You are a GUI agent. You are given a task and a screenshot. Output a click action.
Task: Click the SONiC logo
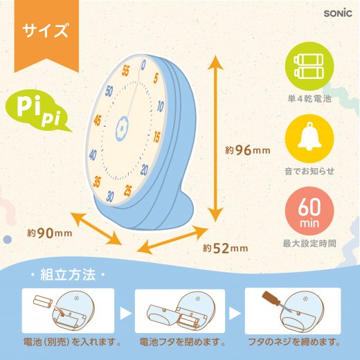pyautogui.click(x=338, y=13)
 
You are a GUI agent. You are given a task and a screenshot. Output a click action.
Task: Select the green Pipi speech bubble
pyautogui.click(x=37, y=111)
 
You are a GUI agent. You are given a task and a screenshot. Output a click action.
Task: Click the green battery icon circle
pyautogui.click(x=309, y=66)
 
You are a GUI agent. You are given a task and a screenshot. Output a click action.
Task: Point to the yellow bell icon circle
pyautogui.click(x=309, y=138)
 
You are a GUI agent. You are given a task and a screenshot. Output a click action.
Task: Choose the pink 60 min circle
pyautogui.click(x=309, y=211)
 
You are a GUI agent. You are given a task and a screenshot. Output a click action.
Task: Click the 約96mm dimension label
pyautogui.click(x=248, y=150)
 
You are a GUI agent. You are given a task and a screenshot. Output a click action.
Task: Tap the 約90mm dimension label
pyautogui.click(x=50, y=233)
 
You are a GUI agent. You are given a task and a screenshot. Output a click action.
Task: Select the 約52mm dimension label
pyautogui.click(x=226, y=248)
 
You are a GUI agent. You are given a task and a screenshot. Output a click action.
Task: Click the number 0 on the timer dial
pyautogui.click(x=143, y=65)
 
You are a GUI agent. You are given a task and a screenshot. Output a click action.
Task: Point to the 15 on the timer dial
pyautogui.click(x=156, y=137)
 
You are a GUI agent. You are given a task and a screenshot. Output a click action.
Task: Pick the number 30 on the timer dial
pyautogui.click(x=110, y=197)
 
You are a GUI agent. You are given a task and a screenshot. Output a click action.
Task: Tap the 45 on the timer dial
pyautogui.click(x=98, y=120)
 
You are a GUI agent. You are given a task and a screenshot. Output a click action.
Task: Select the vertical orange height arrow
pyautogui.click(x=215, y=138)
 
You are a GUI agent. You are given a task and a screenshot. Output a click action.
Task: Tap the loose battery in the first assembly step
pyautogui.click(x=42, y=301)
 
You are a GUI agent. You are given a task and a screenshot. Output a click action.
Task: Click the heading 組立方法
pyautogui.click(x=68, y=275)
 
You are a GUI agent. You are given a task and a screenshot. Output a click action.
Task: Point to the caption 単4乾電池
pyautogui.click(x=309, y=99)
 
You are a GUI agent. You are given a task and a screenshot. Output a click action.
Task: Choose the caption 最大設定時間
pyautogui.click(x=309, y=244)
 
